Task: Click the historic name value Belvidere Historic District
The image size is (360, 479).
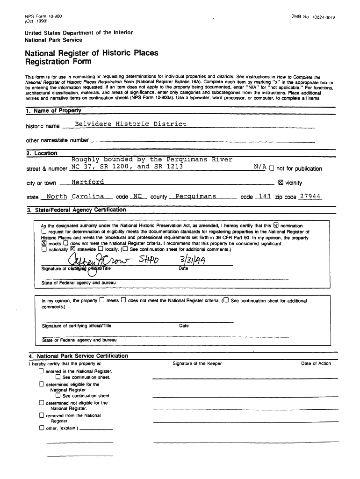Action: pyautogui.click(x=130, y=124)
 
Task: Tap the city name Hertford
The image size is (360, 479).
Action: pyautogui.click(x=88, y=182)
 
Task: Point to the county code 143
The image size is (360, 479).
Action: pyautogui.click(x=265, y=196)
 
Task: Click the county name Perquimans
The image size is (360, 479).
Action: pyautogui.click(x=195, y=196)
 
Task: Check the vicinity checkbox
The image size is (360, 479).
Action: pyautogui.click(x=281, y=183)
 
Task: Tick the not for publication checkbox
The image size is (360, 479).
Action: pyautogui.click(x=272, y=168)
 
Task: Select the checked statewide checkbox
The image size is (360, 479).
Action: pyautogui.click(x=72, y=249)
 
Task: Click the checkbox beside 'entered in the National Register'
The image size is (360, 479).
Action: pyautogui.click(x=42, y=371)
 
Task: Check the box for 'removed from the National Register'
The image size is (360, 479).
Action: pyautogui.click(x=42, y=415)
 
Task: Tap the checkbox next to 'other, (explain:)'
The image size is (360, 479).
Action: pyautogui.click(x=42, y=428)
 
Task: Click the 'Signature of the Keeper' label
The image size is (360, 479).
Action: pyautogui.click(x=197, y=363)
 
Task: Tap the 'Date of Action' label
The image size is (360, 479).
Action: pyautogui.click(x=316, y=363)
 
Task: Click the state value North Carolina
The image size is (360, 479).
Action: pyautogui.click(x=75, y=196)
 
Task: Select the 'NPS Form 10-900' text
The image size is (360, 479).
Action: pyautogui.click(x=43, y=16)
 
